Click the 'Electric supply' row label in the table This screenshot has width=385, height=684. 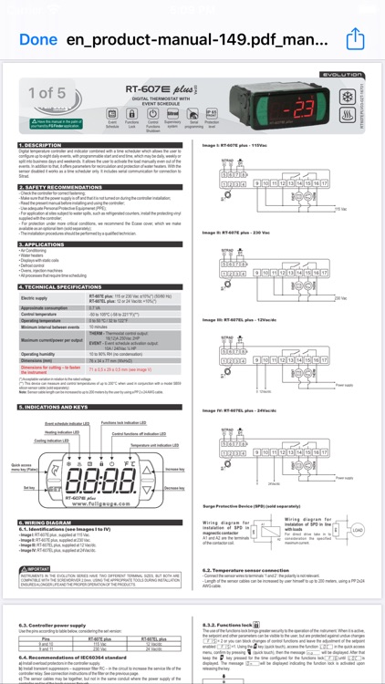(40, 298)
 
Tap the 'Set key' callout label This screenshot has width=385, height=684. (29, 487)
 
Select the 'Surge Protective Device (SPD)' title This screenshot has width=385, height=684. (246, 504)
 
